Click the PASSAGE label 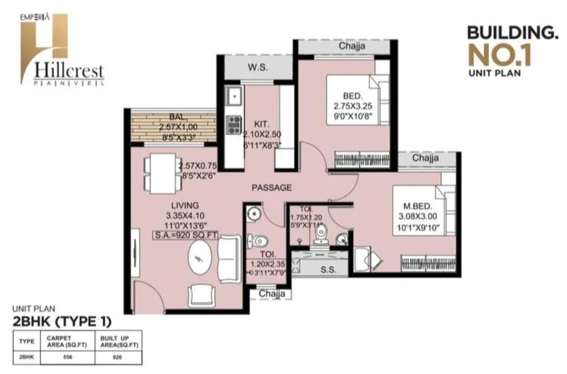click(271, 188)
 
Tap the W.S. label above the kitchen click(258, 67)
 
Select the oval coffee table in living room click(201, 261)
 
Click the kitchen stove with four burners click(234, 125)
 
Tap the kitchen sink click(234, 96)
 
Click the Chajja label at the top click(352, 46)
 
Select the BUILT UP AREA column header click(117, 342)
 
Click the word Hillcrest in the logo click(69, 70)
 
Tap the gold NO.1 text click(499, 56)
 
